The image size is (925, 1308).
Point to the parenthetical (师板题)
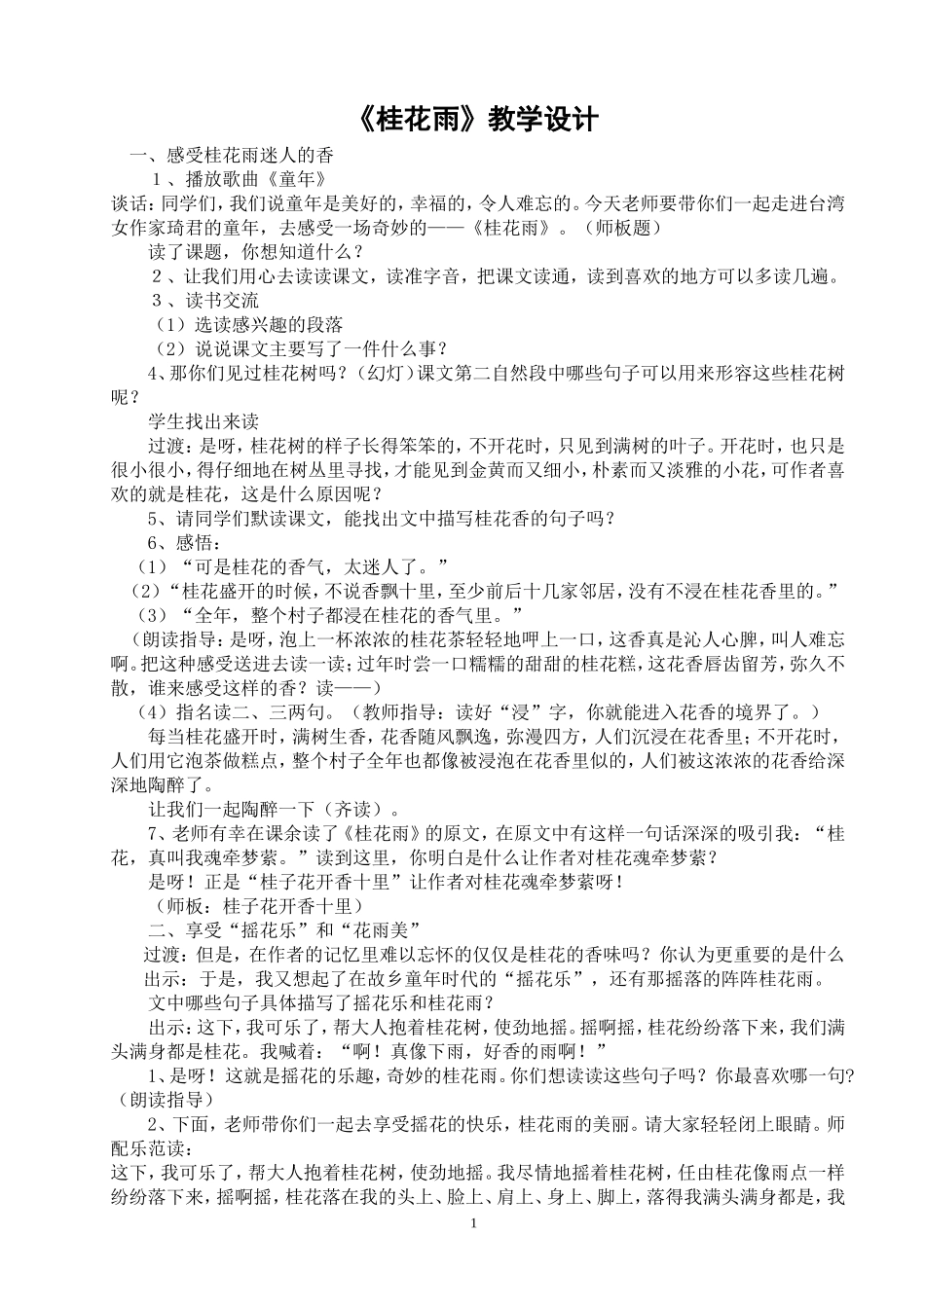(x=623, y=228)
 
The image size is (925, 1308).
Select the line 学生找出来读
(x=203, y=421)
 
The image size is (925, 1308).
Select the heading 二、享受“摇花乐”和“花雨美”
(x=283, y=928)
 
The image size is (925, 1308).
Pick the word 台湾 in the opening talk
(x=827, y=203)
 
